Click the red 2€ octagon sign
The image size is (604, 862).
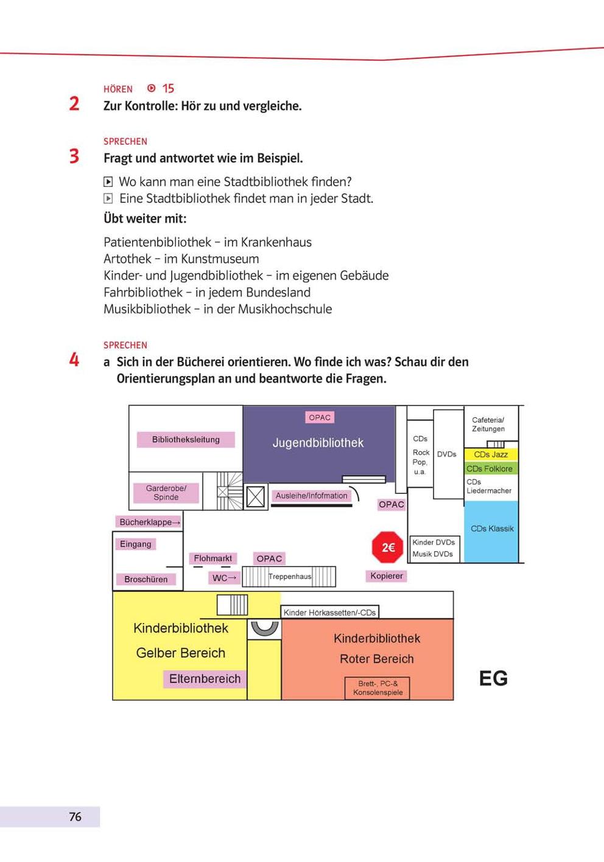point(387,547)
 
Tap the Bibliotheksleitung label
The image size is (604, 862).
point(186,439)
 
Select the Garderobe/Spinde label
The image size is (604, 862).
point(166,493)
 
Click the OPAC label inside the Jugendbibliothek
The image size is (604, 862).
point(320,417)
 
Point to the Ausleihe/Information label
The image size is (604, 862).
point(311,496)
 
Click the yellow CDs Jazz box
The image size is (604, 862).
point(491,454)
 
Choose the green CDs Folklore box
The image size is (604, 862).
point(491,468)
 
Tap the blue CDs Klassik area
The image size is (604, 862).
point(491,532)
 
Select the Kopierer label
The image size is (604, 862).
point(387,575)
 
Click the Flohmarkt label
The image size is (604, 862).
point(212,558)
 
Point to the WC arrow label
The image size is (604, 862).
point(224,578)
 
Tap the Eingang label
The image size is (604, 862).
point(136,544)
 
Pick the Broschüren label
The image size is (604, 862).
point(146,579)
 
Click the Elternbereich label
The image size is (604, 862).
point(205,678)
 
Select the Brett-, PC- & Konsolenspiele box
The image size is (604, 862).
point(377,688)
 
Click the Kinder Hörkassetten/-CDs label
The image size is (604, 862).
point(329,612)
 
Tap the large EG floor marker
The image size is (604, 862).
point(493,678)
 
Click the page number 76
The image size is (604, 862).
point(75,816)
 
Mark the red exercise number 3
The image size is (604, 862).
point(74,156)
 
